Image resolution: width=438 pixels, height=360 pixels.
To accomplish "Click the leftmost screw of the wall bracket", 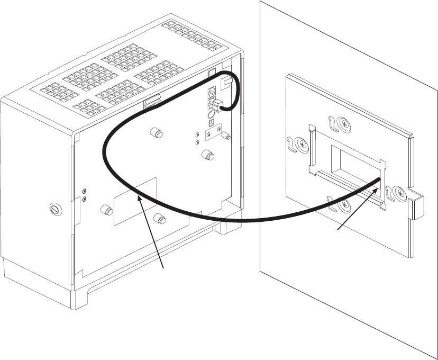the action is coord(302,144).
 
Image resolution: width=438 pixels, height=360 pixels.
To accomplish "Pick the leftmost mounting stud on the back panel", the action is coord(106,211).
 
